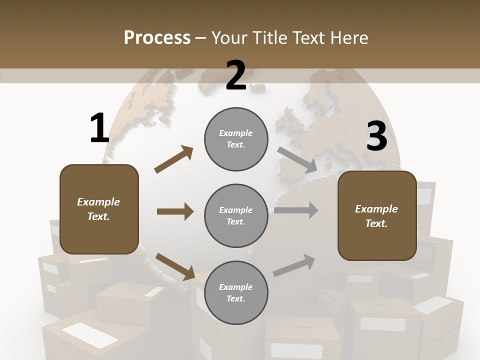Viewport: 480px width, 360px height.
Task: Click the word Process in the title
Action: coord(157,38)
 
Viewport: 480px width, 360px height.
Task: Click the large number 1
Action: coord(99,128)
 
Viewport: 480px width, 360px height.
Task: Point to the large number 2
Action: coord(236,75)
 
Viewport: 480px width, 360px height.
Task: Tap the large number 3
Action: coord(376,136)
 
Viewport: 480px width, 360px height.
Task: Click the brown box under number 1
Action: coord(99,209)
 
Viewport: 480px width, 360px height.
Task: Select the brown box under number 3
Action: coord(377,216)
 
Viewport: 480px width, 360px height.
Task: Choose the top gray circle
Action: coord(236,139)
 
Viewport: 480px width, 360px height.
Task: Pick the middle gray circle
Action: coord(236,215)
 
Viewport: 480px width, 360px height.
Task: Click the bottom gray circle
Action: coord(236,292)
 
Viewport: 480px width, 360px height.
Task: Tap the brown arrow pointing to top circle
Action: coord(174,159)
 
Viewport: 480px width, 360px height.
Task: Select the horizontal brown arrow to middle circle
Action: coord(175,211)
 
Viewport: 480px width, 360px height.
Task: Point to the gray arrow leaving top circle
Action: coord(297,160)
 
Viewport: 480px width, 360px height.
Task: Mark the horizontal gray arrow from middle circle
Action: coord(296,210)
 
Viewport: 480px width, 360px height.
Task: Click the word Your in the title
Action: coord(228,38)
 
